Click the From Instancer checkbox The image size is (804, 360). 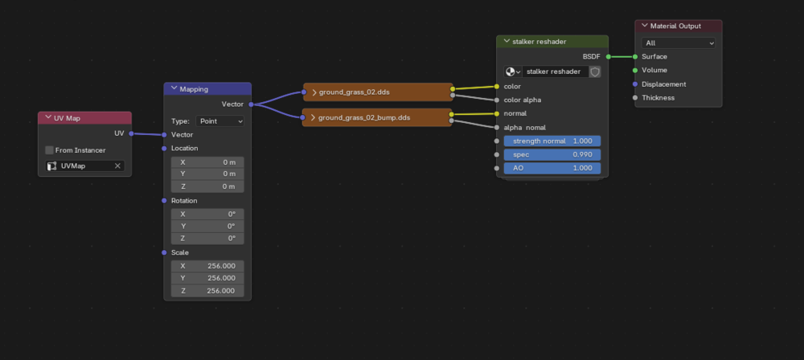49,150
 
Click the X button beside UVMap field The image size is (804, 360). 117,166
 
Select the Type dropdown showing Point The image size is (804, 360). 219,121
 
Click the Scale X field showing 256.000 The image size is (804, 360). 207,266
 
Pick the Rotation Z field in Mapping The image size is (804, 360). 207,239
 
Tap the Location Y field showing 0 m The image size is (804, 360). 207,174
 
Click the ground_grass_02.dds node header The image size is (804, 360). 378,92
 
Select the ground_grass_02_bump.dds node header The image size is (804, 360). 377,117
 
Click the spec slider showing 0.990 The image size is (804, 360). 552,154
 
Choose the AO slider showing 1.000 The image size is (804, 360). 552,168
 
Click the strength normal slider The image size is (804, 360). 552,141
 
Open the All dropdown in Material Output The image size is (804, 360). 678,43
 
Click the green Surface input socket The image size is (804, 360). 635,56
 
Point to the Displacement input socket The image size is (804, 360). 635,84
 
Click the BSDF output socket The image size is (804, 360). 608,56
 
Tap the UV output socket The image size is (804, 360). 131,133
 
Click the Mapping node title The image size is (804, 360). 194,89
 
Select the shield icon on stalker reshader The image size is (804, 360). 595,72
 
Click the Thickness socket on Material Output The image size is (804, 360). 635,97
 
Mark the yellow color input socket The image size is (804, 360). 496,86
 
